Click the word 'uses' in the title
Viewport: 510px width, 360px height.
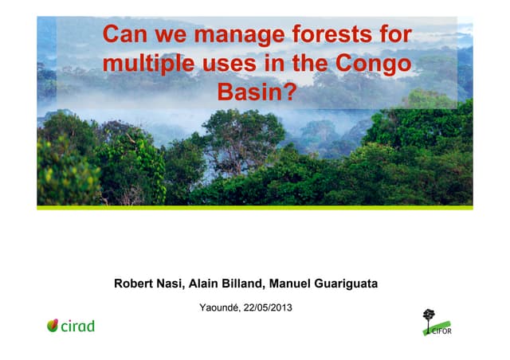click(231, 65)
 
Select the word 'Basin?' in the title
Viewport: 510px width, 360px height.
click(256, 93)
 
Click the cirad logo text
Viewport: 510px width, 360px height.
click(78, 326)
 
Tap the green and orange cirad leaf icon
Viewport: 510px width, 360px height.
click(53, 325)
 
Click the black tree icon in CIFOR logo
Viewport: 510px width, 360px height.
click(430, 315)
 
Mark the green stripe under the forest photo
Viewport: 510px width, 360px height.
click(255, 208)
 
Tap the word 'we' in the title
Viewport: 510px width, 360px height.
click(166, 35)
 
